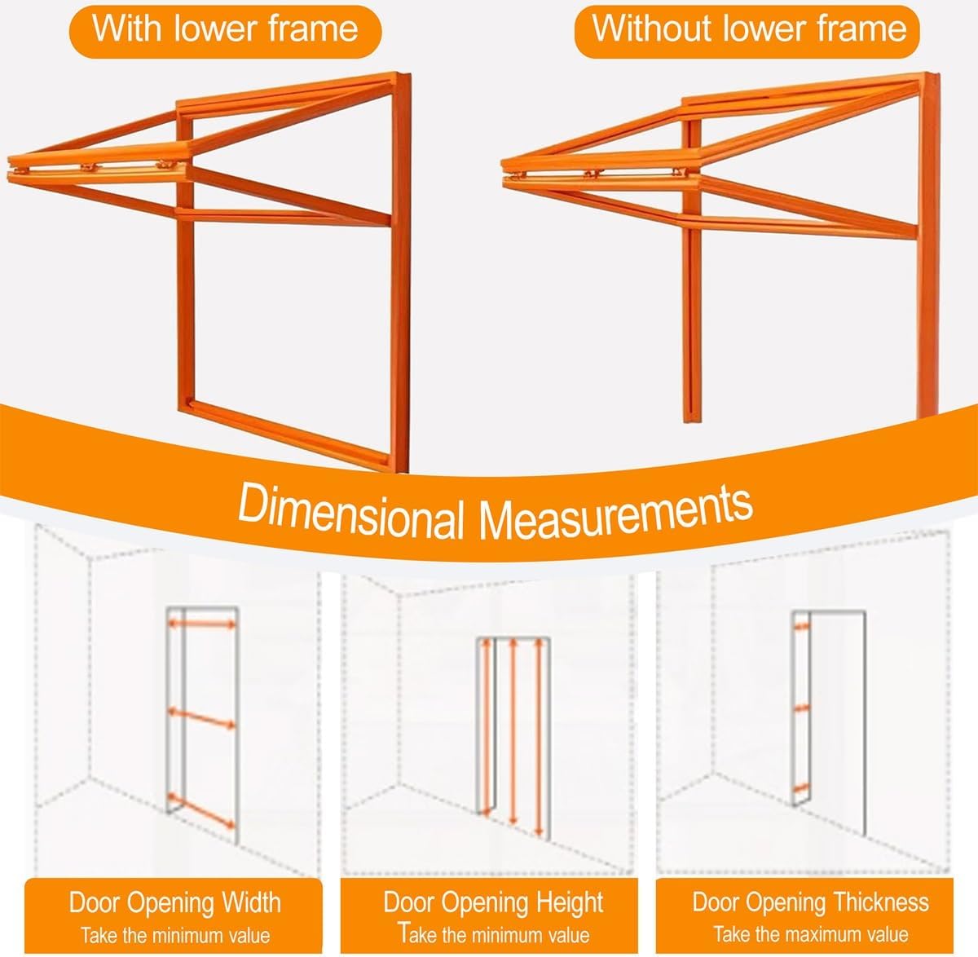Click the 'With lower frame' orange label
tap(225, 31)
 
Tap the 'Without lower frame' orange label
tap(747, 31)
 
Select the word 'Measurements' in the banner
tap(615, 511)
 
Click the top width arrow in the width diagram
tap(201, 624)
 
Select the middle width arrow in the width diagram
tap(201, 718)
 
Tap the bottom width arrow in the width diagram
tap(200, 811)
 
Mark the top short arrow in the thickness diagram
tap(802, 627)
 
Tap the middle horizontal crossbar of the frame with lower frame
tap(284, 217)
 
